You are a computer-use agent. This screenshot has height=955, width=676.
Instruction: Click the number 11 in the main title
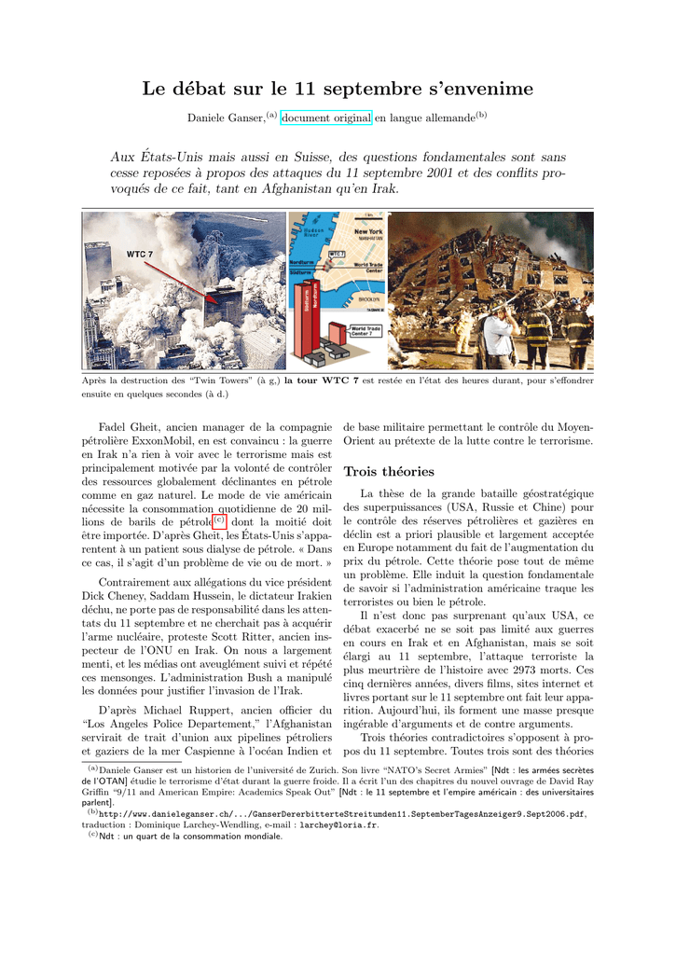click(307, 89)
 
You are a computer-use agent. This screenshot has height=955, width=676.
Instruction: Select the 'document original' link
click(326, 118)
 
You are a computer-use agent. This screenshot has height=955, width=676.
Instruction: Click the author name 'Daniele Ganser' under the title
click(226, 118)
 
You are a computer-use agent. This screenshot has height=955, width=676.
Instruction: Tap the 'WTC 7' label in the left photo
click(140, 253)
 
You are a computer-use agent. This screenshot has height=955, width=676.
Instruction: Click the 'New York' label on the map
click(368, 231)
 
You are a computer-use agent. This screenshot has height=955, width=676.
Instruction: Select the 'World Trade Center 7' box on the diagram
click(364, 331)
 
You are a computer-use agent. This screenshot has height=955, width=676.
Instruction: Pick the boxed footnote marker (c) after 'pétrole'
click(220, 520)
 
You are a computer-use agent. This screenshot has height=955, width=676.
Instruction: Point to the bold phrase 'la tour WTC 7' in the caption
click(322, 381)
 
